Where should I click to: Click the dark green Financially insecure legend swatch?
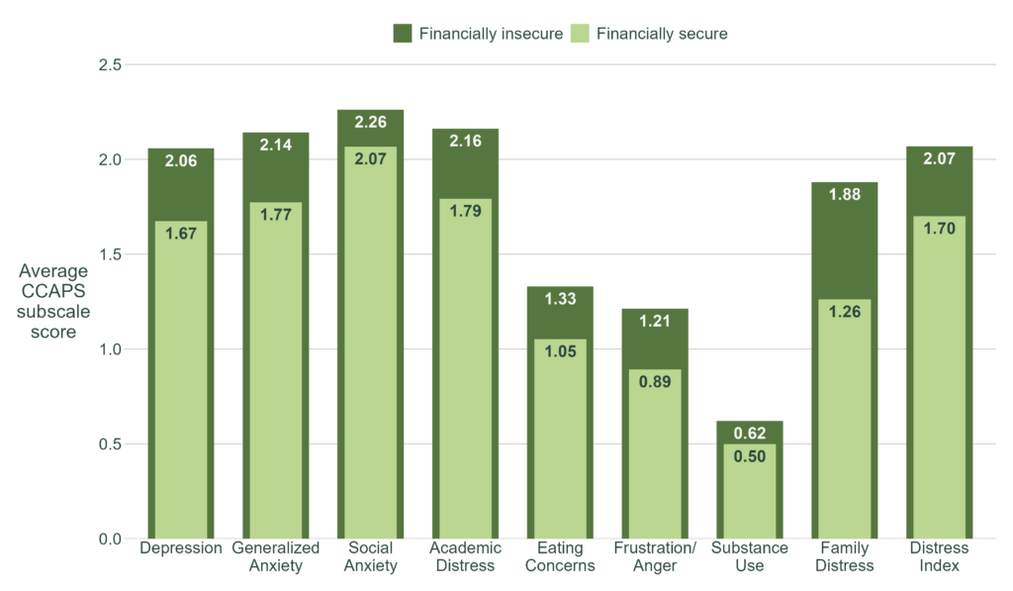(x=403, y=34)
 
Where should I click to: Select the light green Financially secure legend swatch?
(x=581, y=34)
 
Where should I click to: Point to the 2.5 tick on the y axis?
(x=109, y=65)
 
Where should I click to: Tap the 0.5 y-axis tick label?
(x=109, y=444)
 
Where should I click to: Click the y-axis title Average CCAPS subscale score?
(x=52, y=301)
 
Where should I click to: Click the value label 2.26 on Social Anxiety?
(x=370, y=123)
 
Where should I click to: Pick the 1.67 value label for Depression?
(x=181, y=234)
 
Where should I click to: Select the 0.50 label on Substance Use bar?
(x=749, y=456)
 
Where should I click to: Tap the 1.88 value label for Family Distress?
(x=844, y=195)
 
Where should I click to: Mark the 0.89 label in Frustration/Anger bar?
(x=655, y=382)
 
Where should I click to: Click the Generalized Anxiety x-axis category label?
(x=275, y=556)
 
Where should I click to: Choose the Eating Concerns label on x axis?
(x=560, y=556)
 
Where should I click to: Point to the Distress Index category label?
(x=939, y=556)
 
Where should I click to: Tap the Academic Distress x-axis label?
(x=464, y=556)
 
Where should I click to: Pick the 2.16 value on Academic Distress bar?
(x=465, y=142)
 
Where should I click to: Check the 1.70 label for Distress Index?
(x=939, y=229)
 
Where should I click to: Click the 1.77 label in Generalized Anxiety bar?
(x=275, y=215)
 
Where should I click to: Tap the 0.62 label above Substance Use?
(x=749, y=433)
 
